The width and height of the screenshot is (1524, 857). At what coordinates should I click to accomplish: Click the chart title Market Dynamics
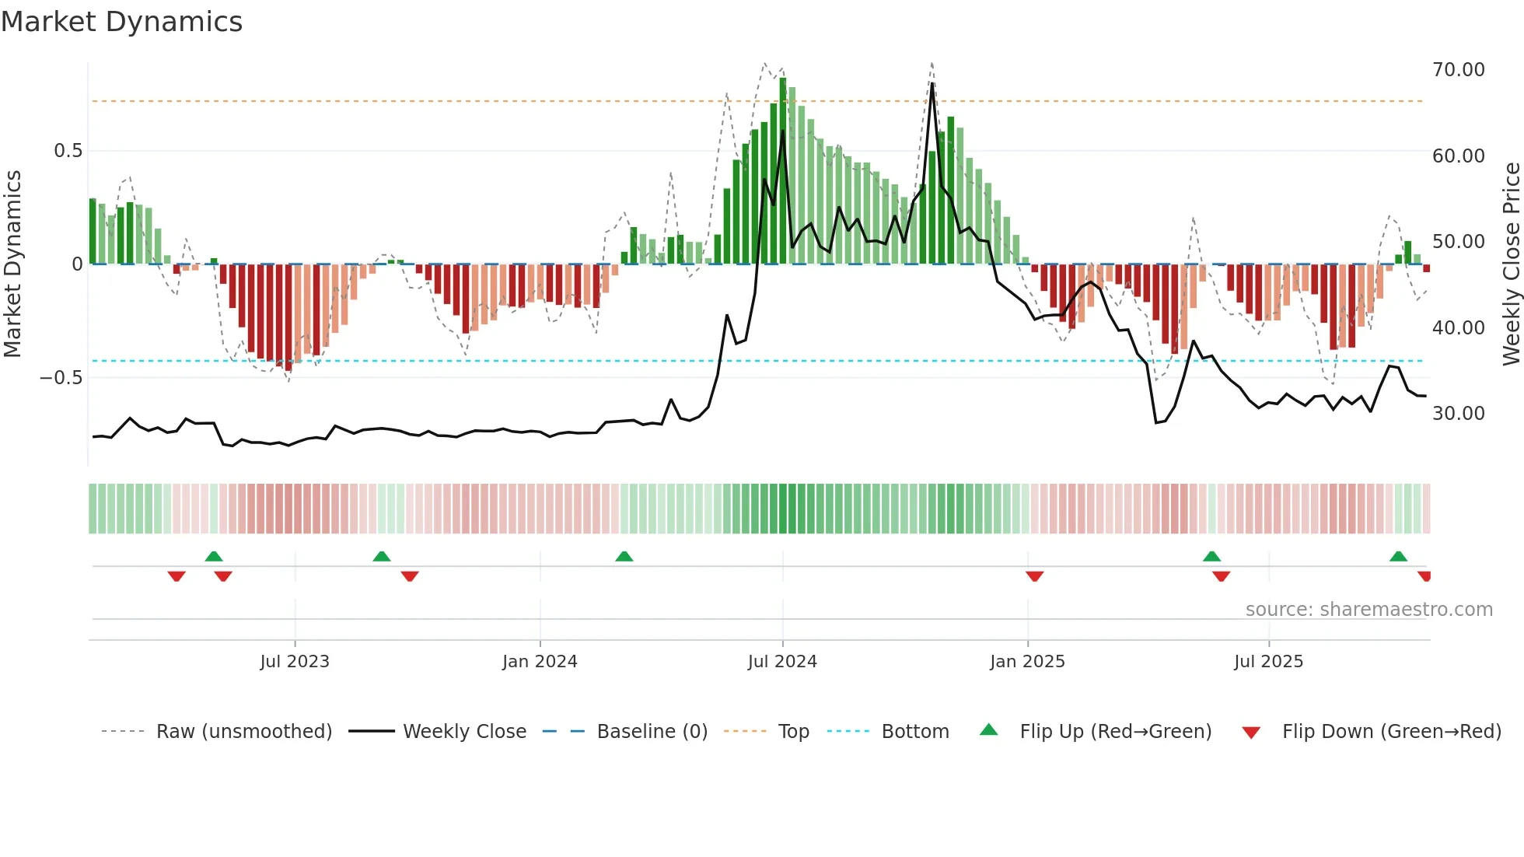coord(121,22)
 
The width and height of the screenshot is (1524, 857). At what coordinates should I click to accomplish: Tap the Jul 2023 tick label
coord(295,662)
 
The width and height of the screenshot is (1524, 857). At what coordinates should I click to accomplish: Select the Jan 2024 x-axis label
coord(540,662)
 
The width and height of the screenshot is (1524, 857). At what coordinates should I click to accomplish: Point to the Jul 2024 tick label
coord(782,662)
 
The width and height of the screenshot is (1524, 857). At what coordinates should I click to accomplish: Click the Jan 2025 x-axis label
coord(1027,662)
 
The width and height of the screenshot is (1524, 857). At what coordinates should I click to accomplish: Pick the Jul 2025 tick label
coord(1268,662)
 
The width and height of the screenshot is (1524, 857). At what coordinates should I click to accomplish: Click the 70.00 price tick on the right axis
coord(1458,70)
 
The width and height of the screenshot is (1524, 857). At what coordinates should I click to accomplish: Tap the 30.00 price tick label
coord(1458,414)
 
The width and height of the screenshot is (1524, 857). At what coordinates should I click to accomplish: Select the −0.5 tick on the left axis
coord(61,378)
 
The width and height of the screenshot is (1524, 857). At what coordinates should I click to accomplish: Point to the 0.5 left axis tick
coord(68,151)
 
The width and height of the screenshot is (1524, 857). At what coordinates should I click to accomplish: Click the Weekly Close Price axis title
coord(1512,264)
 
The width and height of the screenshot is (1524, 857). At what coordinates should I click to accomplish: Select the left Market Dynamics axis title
coord(13,264)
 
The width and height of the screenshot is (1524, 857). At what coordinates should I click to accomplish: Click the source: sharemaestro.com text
coord(1368,610)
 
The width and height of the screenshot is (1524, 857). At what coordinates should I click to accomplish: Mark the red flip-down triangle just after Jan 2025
coord(1034,576)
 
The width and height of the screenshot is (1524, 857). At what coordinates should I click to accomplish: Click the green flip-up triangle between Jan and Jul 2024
coord(624,556)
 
